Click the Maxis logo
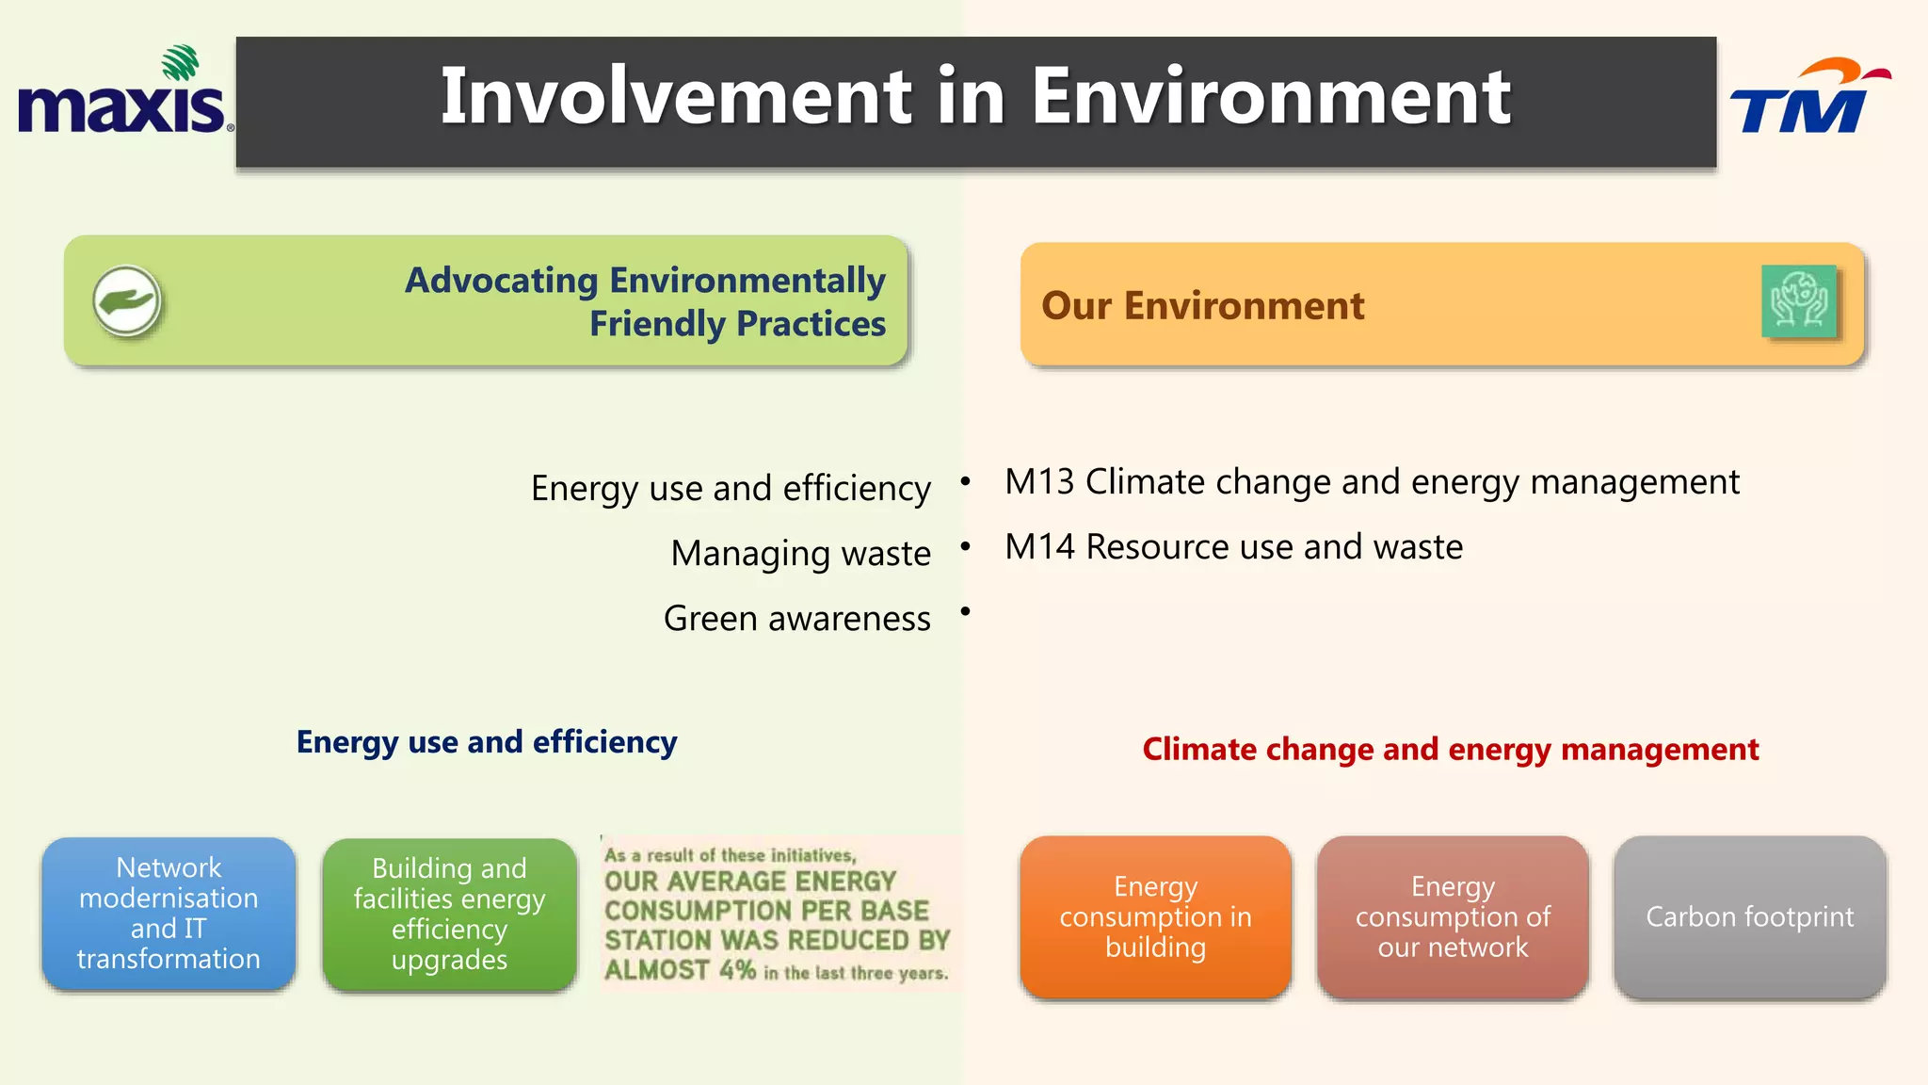122,94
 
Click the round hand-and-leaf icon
127,301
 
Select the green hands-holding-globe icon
1798,301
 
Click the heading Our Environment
1202,306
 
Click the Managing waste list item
800,553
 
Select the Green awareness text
796,619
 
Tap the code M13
1039,482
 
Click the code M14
1039,547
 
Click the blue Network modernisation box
169,913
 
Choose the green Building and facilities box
449,914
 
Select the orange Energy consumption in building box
1155,916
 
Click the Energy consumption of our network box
1453,916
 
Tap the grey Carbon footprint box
1749,916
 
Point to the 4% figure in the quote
737,969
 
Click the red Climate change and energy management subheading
1450,750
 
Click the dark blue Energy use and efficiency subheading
487,742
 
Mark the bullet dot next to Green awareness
965,612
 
